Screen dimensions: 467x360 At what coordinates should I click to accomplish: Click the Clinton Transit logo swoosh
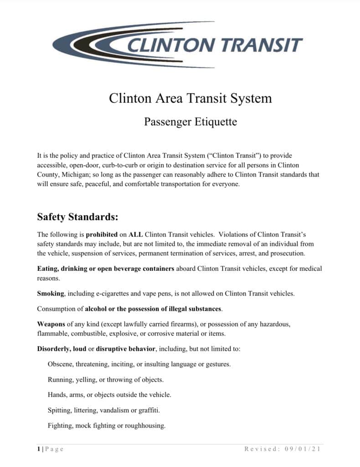point(87,44)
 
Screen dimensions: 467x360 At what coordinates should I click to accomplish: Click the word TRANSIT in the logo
point(262,45)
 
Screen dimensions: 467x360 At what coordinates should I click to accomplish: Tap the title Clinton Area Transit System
point(190,98)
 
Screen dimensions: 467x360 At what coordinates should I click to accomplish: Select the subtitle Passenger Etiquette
point(190,122)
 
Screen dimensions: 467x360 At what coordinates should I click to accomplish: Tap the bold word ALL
point(136,234)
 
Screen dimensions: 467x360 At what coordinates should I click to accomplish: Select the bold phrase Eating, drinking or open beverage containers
point(106,269)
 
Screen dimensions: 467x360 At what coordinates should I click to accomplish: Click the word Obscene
point(60,364)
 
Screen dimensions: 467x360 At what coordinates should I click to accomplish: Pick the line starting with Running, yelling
point(105,379)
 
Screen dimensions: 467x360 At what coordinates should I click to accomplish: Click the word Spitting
point(59,410)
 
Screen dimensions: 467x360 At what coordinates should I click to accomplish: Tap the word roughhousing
point(146,425)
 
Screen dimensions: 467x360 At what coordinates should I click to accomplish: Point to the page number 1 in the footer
point(38,449)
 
